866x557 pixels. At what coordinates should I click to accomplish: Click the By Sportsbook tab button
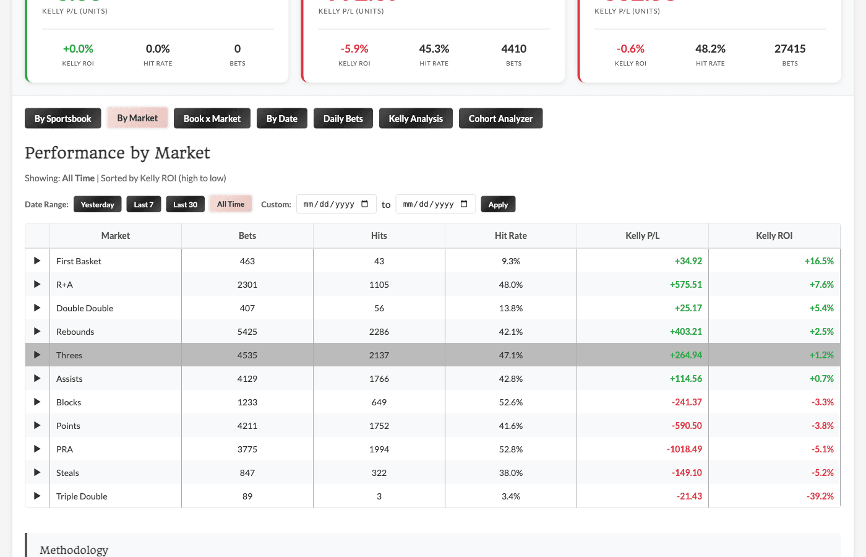62,119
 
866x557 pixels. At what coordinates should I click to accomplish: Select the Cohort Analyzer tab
500,119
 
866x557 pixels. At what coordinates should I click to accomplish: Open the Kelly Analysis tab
416,119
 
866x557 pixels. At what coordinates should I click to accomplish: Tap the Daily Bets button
343,119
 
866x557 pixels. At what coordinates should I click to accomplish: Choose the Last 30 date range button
185,204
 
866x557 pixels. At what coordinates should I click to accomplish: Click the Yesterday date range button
97,204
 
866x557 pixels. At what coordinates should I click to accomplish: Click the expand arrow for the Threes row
37,355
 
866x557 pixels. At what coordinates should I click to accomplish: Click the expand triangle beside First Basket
37,261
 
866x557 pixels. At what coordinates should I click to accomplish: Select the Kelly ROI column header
774,236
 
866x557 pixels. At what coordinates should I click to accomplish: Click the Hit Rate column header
510,236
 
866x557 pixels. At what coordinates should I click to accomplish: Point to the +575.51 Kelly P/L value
685,285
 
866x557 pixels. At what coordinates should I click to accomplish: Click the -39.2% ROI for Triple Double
820,496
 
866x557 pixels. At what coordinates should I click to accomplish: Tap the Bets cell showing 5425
247,332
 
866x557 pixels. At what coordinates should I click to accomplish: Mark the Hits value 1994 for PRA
379,449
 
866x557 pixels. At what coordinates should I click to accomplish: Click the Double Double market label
85,308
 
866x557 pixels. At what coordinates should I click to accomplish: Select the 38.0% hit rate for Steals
510,473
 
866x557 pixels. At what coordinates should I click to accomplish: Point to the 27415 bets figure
790,49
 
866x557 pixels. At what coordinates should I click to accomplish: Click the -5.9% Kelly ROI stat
354,49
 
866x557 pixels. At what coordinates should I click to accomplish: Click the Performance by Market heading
118,153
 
